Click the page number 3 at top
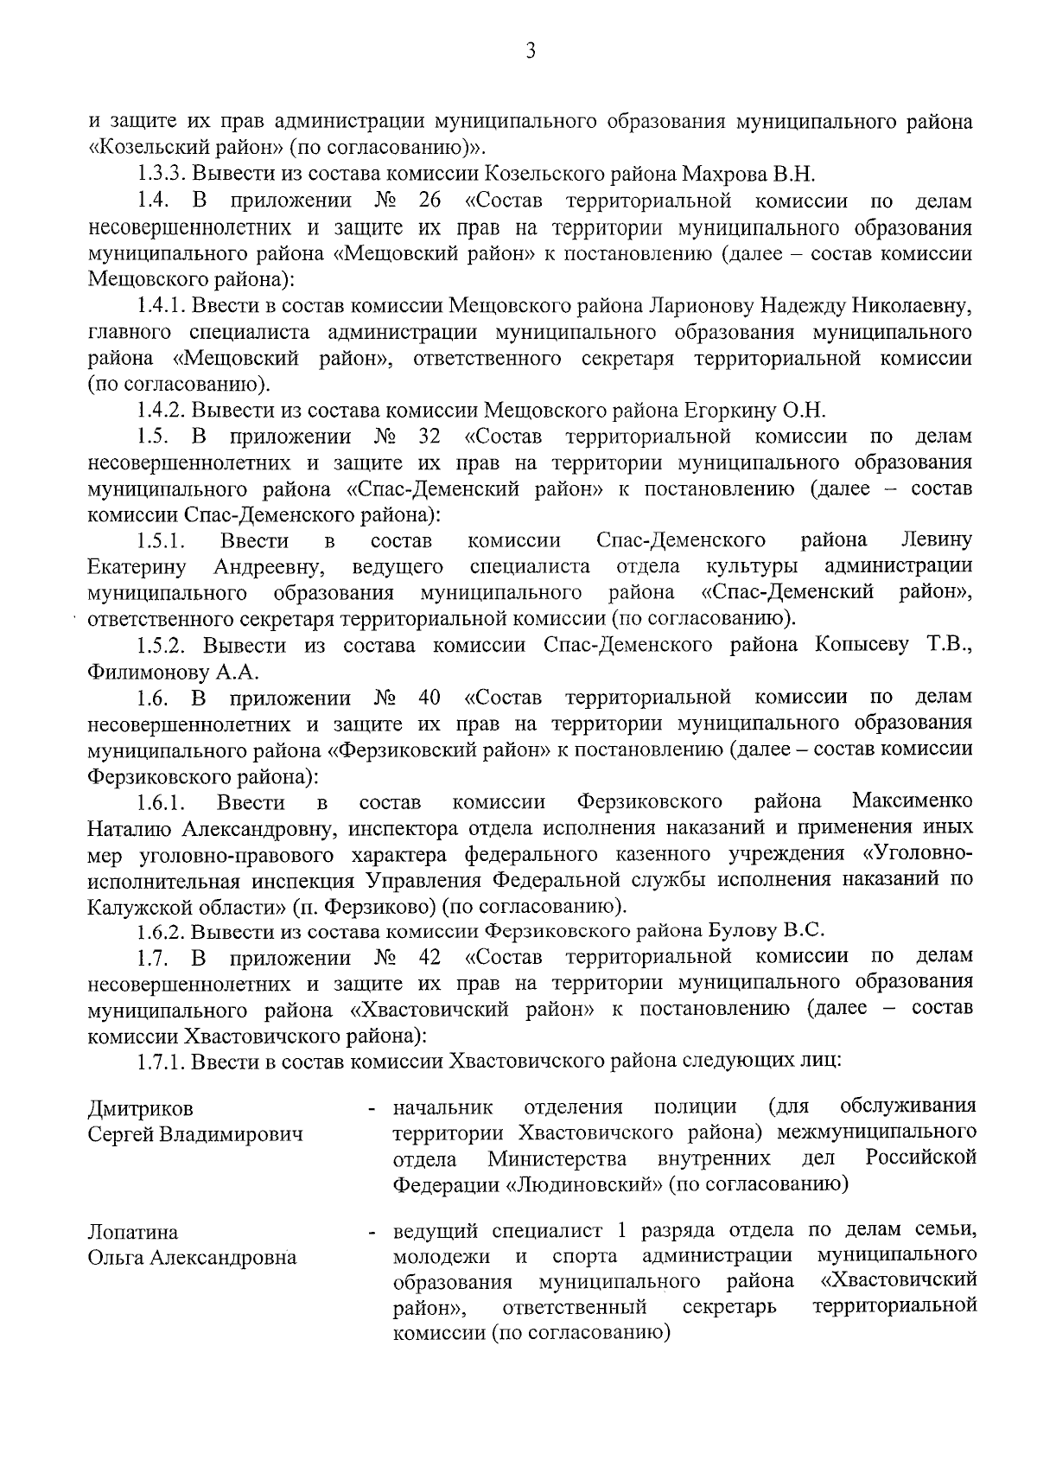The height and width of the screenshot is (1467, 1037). coord(531,52)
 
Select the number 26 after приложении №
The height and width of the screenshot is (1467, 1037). coord(429,201)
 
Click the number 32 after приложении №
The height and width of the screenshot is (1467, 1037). coord(429,436)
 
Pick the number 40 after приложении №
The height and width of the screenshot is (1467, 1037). coord(429,697)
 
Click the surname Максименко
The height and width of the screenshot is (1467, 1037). coord(912,801)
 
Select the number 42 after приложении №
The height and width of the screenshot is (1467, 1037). coord(429,957)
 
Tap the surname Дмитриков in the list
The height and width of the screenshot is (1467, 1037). coord(141,1109)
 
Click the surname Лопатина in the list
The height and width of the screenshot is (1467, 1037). coord(133,1232)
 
